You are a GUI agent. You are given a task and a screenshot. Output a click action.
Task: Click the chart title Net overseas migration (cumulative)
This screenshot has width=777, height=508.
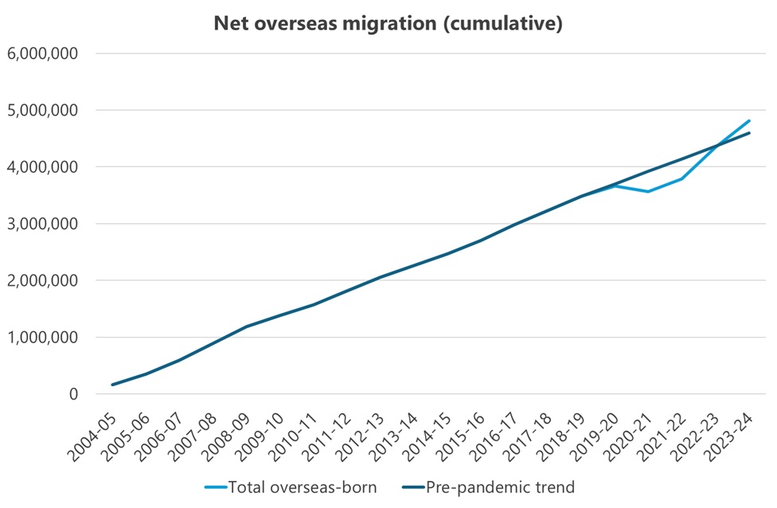point(388,24)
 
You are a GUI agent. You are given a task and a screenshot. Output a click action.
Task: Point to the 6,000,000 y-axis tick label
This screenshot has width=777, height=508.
point(41,53)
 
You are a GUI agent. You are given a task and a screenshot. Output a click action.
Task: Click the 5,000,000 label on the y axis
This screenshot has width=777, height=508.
point(41,110)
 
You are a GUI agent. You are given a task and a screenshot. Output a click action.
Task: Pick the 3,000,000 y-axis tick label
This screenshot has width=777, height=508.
point(41,224)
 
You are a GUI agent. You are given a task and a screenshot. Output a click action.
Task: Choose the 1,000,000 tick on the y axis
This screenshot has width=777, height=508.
point(41,338)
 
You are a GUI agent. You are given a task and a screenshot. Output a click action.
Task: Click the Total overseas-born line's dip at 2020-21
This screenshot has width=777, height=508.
point(648,191)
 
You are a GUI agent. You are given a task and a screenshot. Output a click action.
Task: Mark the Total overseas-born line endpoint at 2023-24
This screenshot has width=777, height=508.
point(748,121)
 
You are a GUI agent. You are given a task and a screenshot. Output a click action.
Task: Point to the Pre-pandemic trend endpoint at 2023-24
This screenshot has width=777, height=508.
point(748,133)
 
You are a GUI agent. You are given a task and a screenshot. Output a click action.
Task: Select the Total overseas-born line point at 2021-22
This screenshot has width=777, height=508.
point(681,178)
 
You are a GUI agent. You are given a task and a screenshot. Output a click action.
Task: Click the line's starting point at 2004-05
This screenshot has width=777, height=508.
point(113,385)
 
